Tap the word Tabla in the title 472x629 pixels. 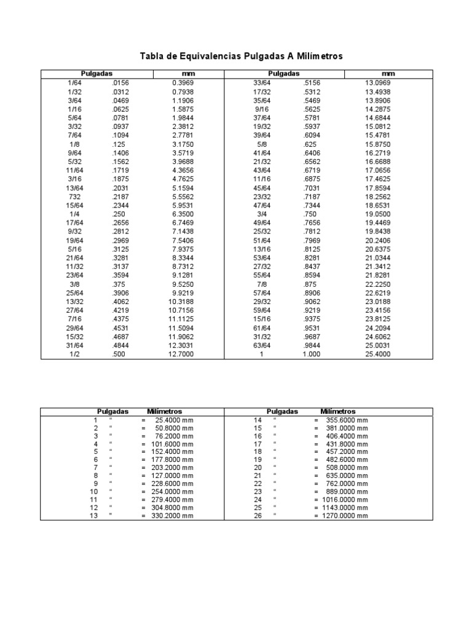153,57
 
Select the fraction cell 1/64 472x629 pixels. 73,82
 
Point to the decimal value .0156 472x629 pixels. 120,82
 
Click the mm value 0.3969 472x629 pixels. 183,82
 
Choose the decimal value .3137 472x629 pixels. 120,268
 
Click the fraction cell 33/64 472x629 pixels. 262,82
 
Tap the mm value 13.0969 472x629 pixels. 378,82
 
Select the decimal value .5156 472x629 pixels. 312,82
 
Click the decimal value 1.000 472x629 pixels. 312,355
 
